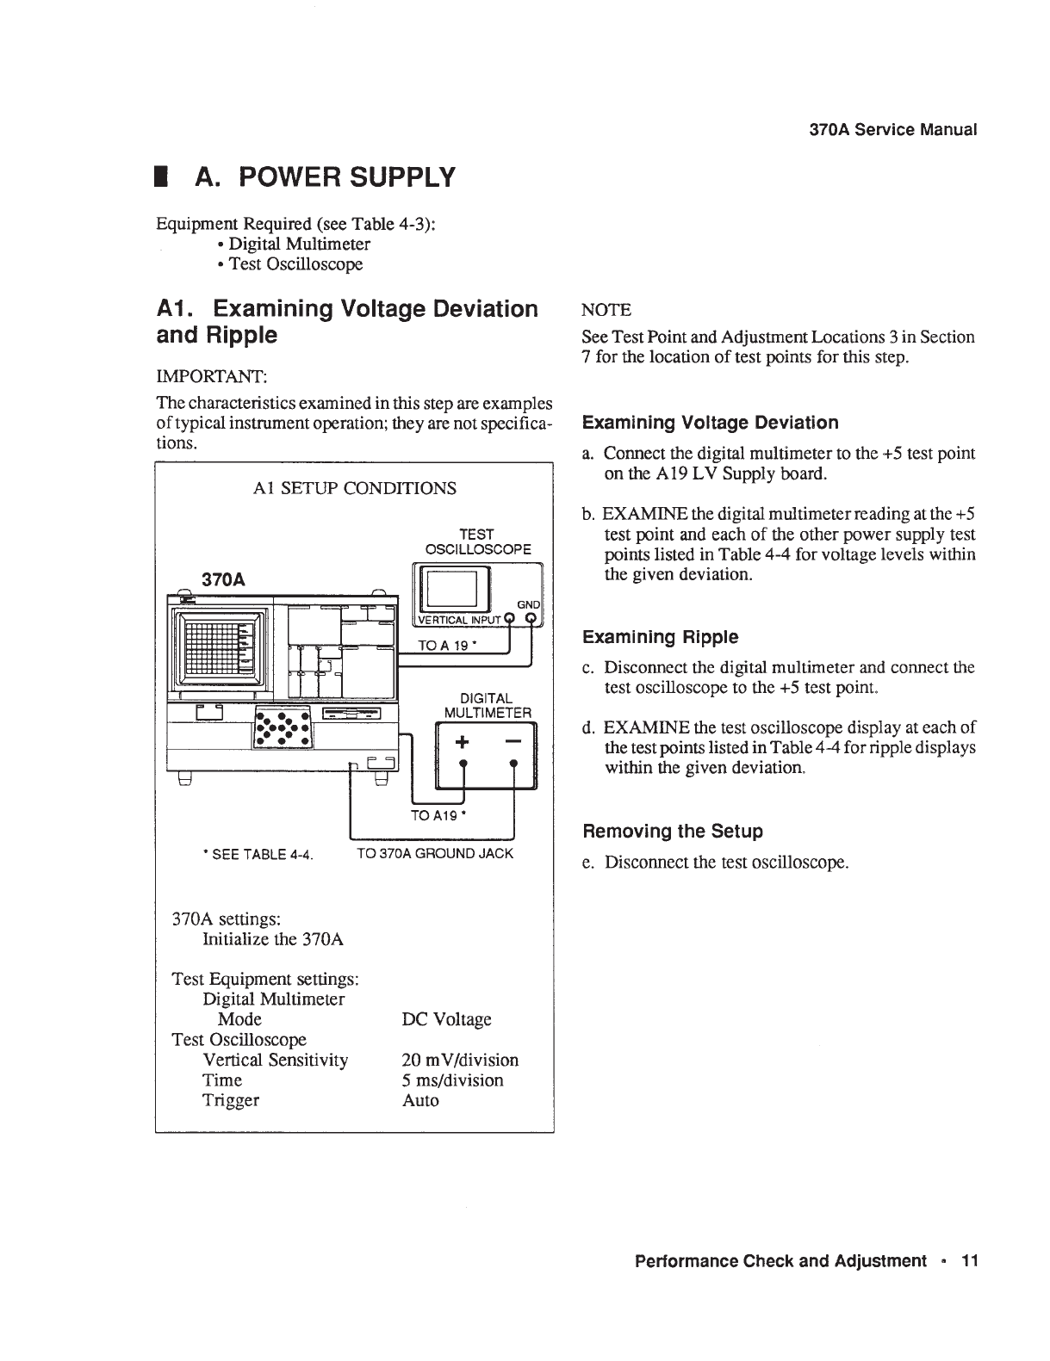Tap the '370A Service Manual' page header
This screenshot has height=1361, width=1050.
coord(893,130)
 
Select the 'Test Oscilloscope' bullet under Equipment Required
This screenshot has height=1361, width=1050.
coord(295,264)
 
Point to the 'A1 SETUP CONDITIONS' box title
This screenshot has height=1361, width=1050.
coord(355,488)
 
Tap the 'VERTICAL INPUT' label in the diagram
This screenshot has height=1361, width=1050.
coord(459,620)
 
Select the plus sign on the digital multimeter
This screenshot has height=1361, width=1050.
coord(463,741)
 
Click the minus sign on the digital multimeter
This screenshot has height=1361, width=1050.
coord(513,741)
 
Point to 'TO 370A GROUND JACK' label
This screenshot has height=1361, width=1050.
coord(435,853)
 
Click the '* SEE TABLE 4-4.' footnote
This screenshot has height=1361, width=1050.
coord(257,855)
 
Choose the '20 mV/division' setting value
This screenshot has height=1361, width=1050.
coord(460,1060)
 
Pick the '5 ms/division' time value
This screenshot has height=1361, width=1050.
coord(452,1080)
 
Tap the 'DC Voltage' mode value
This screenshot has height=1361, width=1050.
coord(446,1019)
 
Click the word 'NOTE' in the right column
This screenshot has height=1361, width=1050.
coord(606,310)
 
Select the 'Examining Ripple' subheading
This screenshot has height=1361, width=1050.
coord(660,637)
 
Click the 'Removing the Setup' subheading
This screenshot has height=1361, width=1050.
coord(673,832)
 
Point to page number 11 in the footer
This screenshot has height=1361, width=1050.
coord(970,1261)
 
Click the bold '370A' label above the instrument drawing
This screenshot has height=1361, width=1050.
coord(223,579)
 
